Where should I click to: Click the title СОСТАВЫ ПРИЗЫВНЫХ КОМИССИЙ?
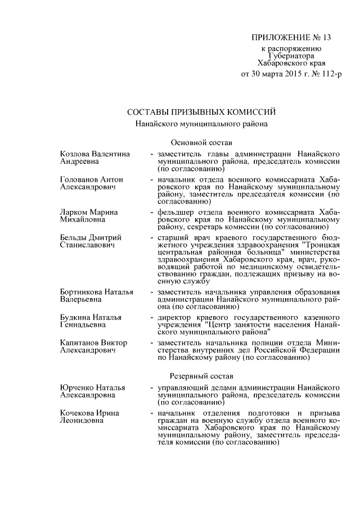coord(201,111)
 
